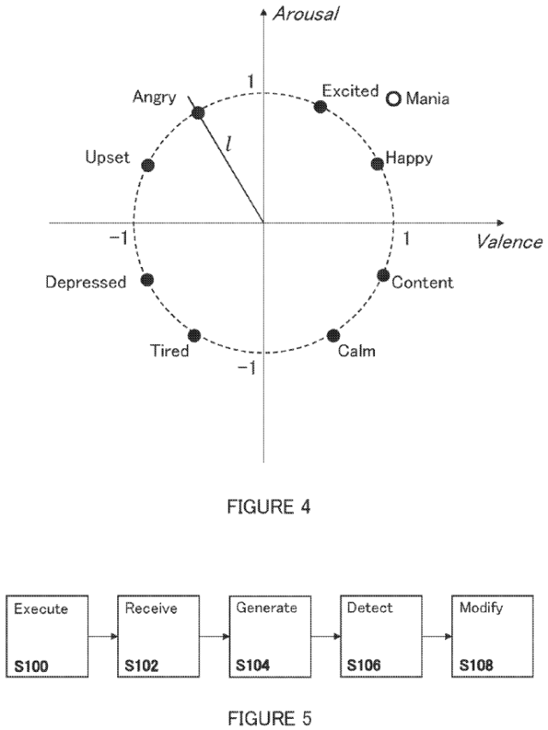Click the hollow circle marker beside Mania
393,98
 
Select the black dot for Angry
198,113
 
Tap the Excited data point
321,106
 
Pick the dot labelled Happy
376,163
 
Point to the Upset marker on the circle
147,166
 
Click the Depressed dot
146,279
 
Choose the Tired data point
194,334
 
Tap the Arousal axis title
305,14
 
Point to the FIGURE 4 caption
268,507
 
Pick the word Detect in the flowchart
370,608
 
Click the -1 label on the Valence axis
120,236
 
